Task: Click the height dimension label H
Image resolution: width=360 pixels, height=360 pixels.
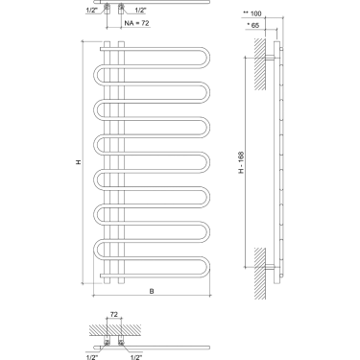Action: (x=80, y=162)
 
